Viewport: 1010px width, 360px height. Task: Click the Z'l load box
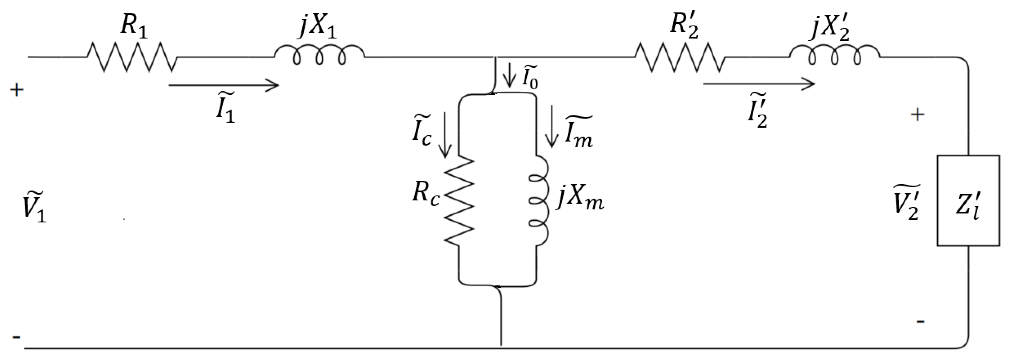coord(968,201)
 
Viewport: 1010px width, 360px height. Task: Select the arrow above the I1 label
coord(224,85)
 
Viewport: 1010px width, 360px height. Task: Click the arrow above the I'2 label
coord(759,84)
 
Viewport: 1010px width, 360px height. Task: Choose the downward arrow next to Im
coord(552,126)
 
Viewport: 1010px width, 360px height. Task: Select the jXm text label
coord(580,201)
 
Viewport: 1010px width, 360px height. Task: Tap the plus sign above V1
coord(17,91)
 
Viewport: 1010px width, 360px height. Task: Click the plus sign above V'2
coord(917,115)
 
